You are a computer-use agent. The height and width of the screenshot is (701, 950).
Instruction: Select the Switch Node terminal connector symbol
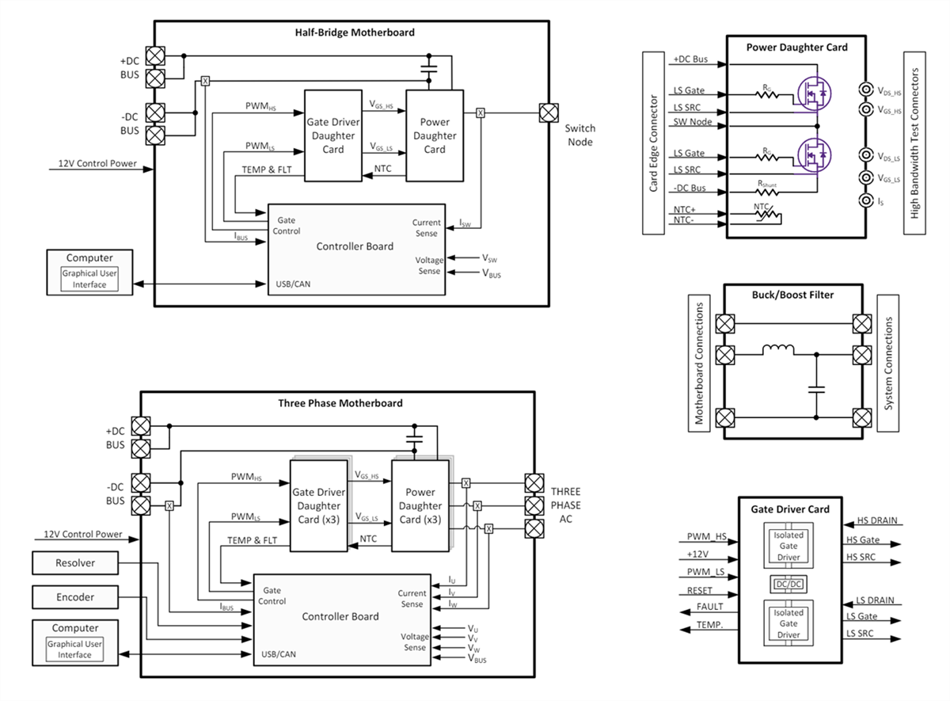click(x=547, y=112)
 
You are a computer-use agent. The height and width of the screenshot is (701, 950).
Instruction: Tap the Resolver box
click(x=75, y=563)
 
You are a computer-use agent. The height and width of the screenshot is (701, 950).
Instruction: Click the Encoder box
click(x=75, y=597)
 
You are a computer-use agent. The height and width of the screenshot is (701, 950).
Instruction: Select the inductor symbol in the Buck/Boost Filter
click(x=779, y=349)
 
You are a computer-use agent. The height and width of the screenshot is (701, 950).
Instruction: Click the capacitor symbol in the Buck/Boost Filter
click(x=816, y=389)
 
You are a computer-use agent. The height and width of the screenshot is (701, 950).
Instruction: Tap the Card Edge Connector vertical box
click(x=654, y=144)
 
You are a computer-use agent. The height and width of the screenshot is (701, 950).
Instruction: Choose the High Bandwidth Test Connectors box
click(x=914, y=144)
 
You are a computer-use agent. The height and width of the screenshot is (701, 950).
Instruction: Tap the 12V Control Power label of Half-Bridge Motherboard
click(x=97, y=165)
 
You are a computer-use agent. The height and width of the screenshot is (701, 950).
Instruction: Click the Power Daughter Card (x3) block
click(x=420, y=506)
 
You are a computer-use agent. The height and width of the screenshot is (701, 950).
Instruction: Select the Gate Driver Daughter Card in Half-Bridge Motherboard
click(x=333, y=135)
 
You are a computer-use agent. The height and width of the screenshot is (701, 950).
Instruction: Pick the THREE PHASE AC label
click(x=565, y=505)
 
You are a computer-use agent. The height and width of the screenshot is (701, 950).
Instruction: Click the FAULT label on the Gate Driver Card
click(x=709, y=607)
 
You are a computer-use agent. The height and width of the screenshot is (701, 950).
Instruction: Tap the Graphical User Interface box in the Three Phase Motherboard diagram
click(x=75, y=650)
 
